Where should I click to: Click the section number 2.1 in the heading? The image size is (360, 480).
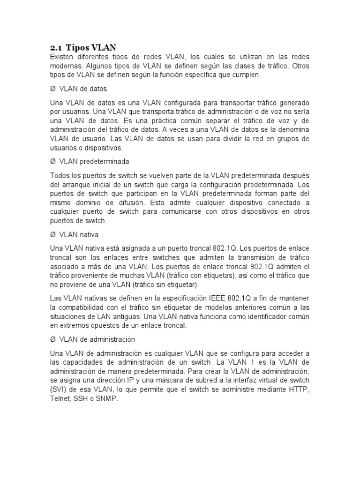(x=56, y=47)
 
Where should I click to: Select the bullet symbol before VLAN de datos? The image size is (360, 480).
(x=52, y=89)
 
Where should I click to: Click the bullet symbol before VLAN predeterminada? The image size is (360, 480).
(x=52, y=162)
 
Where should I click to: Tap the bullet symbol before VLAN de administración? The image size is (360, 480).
(x=52, y=339)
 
